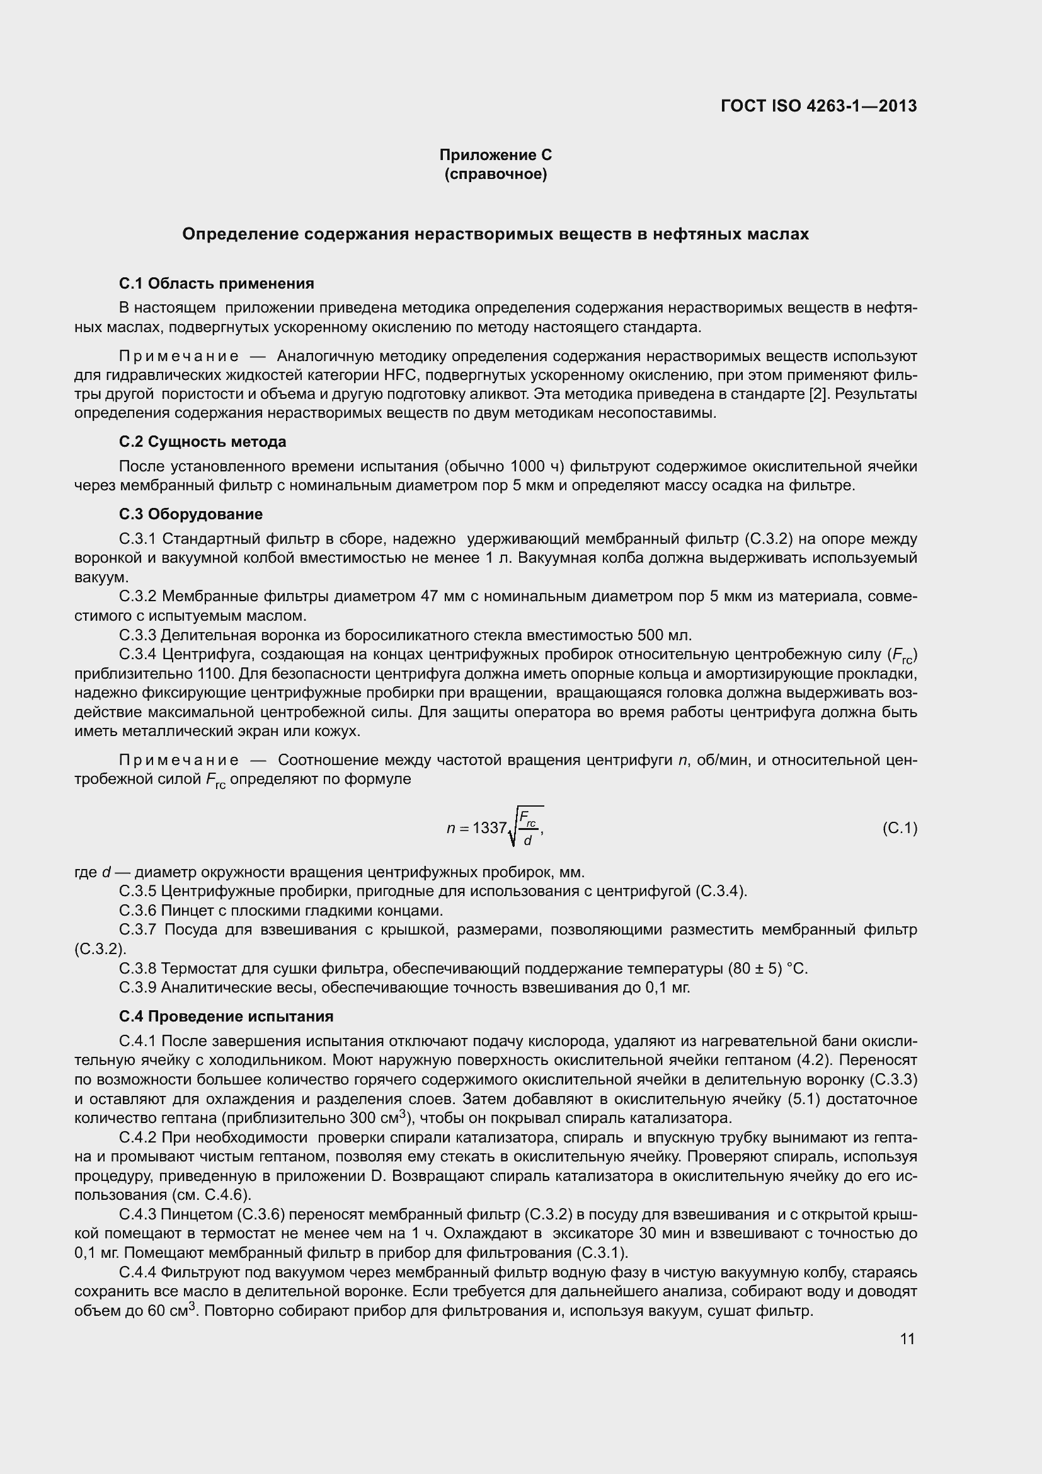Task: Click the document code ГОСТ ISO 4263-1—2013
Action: click(819, 106)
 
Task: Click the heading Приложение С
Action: click(495, 155)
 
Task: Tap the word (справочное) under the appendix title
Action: click(495, 174)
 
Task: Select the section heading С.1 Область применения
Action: click(216, 283)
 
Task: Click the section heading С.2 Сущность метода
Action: click(202, 442)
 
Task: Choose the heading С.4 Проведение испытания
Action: click(226, 1016)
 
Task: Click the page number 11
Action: click(907, 1339)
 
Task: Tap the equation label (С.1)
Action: click(900, 828)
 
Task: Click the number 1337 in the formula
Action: click(490, 828)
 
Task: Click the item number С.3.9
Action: click(138, 987)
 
